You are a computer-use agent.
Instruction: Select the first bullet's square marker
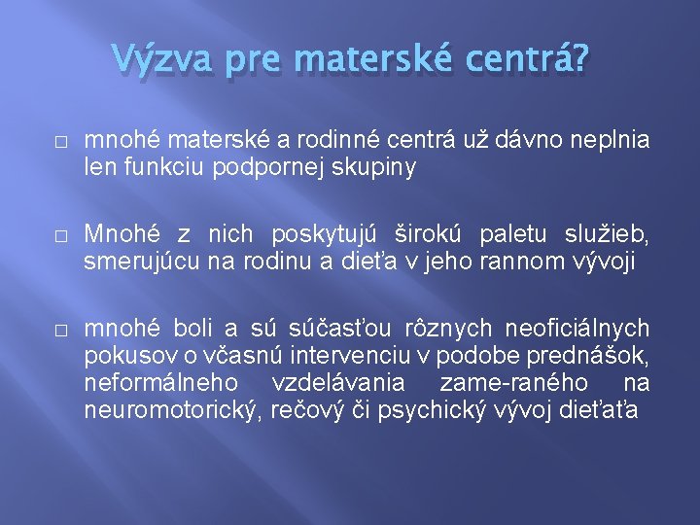[60, 142]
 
